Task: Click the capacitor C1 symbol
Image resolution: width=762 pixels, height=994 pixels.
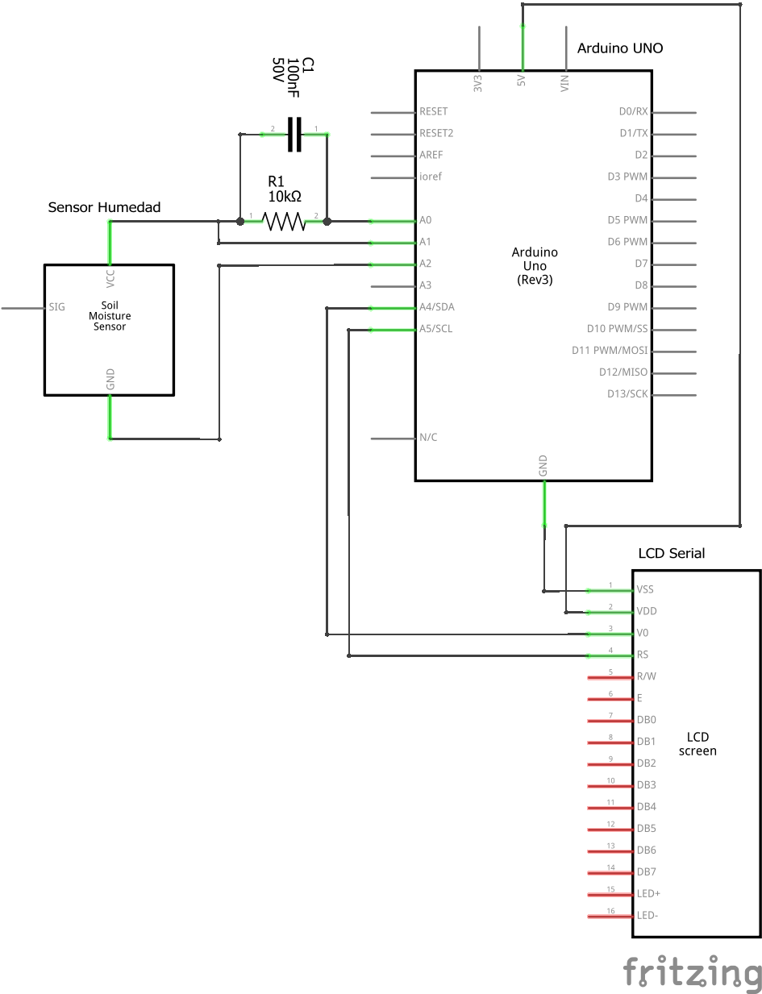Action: tap(294, 133)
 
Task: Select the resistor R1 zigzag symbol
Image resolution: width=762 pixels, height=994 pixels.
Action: tap(284, 221)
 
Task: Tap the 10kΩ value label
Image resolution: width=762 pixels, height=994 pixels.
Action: tap(285, 196)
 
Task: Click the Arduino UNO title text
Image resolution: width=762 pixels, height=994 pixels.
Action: tap(619, 48)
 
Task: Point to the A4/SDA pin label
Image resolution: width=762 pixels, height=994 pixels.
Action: tap(436, 307)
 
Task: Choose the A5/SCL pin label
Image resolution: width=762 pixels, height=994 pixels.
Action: tap(435, 329)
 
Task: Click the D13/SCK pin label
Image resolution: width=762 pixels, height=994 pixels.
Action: tap(627, 394)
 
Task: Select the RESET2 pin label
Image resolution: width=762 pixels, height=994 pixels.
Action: tap(436, 133)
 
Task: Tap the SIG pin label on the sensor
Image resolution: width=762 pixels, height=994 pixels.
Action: tap(57, 307)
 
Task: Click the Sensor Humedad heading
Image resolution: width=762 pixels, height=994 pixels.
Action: tap(104, 207)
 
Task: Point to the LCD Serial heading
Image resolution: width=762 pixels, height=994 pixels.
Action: tap(671, 553)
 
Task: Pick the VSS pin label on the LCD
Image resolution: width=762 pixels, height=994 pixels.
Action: tap(645, 590)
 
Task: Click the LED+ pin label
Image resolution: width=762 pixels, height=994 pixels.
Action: tap(649, 894)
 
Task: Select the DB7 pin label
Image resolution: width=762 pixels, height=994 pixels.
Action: tap(646, 872)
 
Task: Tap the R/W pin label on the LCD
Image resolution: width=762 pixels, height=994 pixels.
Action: tap(646, 676)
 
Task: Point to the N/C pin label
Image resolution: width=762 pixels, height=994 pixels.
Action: tap(428, 438)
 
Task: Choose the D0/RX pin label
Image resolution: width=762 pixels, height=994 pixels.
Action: tap(633, 111)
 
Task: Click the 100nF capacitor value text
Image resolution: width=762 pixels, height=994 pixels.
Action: tap(294, 78)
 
